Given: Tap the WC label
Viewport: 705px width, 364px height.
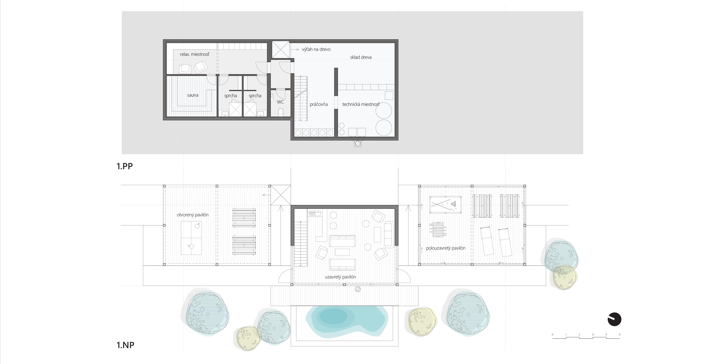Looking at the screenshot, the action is click(x=280, y=102).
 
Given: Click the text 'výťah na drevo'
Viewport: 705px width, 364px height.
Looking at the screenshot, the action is click(x=316, y=49).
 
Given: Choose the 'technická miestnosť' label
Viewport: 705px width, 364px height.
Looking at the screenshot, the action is click(x=361, y=104).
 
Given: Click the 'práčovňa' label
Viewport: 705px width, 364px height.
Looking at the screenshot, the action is click(x=319, y=104).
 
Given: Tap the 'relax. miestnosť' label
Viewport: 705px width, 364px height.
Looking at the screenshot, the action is click(x=195, y=54).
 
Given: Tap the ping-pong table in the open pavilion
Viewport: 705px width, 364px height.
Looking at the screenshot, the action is click(x=191, y=238).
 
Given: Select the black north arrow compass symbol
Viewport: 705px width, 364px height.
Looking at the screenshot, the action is click(x=614, y=319).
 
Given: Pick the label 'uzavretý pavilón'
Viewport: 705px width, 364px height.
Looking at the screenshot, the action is click(x=340, y=277).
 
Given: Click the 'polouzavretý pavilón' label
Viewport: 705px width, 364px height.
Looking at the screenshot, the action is click(x=446, y=248).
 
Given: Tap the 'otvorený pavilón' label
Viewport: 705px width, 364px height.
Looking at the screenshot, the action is click(x=193, y=215).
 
